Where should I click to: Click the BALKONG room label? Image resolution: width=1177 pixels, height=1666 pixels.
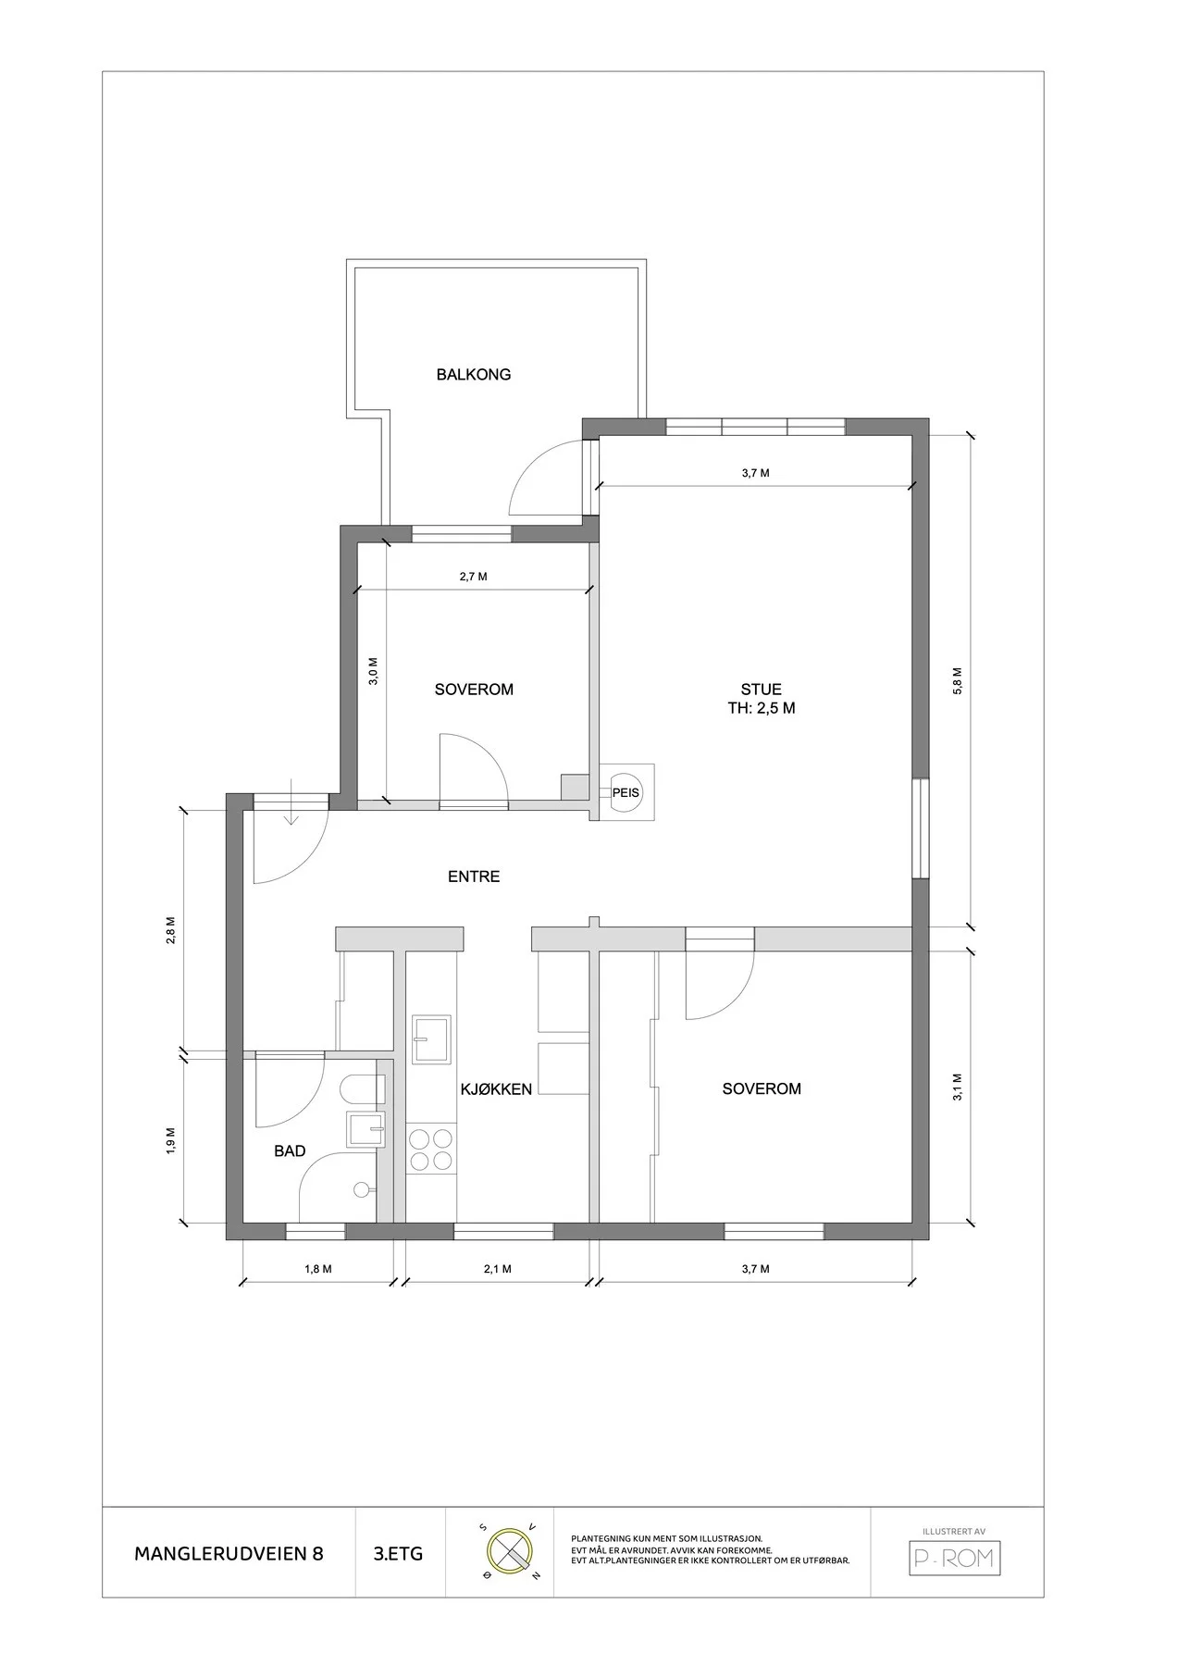pos(474,375)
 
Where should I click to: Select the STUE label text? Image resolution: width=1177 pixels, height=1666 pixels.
pos(761,690)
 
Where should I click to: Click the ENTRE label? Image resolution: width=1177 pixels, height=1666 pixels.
pos(474,877)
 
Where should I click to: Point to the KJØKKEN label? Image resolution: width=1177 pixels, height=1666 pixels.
pos(496,1089)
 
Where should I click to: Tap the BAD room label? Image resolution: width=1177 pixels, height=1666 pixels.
pos(290,1151)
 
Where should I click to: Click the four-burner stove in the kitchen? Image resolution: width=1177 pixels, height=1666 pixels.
pos(431,1150)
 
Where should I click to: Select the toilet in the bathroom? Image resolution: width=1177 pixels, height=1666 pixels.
pos(362,1089)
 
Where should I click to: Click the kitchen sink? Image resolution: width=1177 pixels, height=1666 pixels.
pos(432,1039)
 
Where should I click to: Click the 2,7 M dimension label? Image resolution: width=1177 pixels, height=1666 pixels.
pos(473,577)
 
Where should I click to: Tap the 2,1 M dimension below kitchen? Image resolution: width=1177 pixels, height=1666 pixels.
pos(497,1269)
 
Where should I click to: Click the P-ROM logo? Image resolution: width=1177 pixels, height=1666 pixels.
pos(954,1558)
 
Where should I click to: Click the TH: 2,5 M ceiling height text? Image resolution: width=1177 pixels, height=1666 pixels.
pos(762,709)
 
